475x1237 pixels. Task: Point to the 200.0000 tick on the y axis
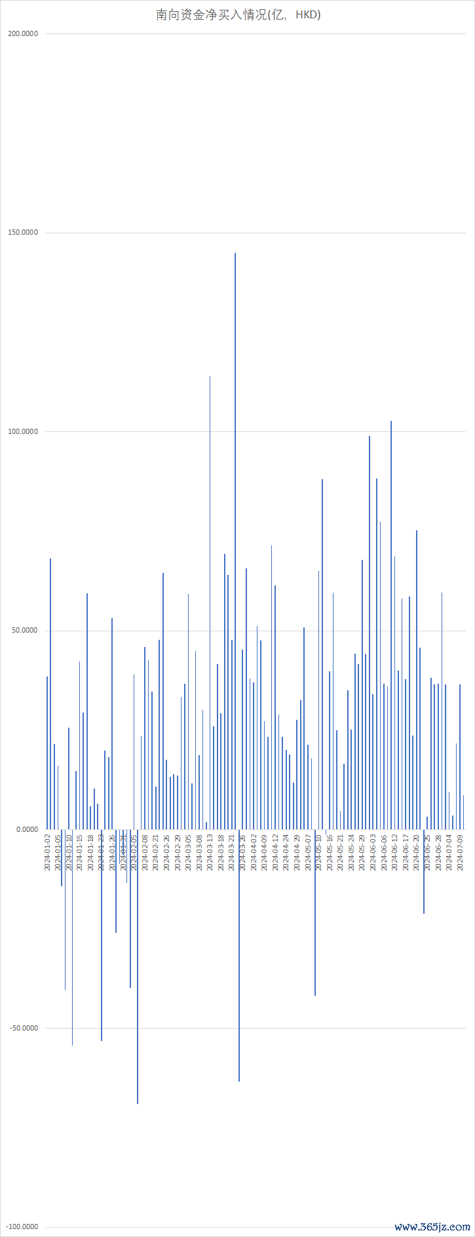(x=23, y=33)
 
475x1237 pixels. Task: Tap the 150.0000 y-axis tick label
(x=23, y=233)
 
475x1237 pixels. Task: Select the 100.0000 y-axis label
(x=23, y=431)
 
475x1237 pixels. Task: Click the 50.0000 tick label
(x=24, y=631)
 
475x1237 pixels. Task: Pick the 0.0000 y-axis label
(x=26, y=829)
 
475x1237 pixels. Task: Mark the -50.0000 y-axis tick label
(x=24, y=1028)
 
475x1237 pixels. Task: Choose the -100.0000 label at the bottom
(x=22, y=1227)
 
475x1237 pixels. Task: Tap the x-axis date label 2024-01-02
(x=47, y=852)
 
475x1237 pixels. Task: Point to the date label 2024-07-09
(x=460, y=852)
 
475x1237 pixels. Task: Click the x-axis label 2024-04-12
(x=275, y=852)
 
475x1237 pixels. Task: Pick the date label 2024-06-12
(x=394, y=852)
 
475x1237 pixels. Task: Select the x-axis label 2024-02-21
(x=156, y=852)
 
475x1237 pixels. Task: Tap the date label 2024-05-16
(x=330, y=852)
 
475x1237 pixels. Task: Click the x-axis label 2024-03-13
(x=210, y=852)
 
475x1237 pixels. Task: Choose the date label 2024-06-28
(x=438, y=852)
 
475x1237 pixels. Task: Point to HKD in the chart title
(x=306, y=14)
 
